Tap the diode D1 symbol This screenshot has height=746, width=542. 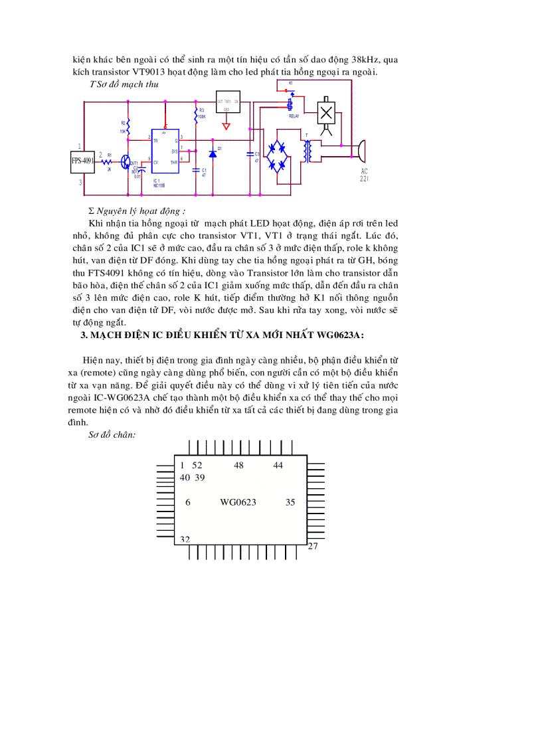[x=213, y=153]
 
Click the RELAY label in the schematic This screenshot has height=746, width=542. [x=294, y=116]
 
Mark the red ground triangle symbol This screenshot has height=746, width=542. [x=226, y=126]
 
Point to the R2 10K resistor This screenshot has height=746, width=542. [x=128, y=126]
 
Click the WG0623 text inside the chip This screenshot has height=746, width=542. [x=238, y=502]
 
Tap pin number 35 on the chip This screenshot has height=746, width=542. [x=290, y=502]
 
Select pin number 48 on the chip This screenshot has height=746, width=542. [x=238, y=465]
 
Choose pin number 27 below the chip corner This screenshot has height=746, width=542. [x=313, y=546]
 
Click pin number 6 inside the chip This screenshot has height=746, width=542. [x=188, y=502]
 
